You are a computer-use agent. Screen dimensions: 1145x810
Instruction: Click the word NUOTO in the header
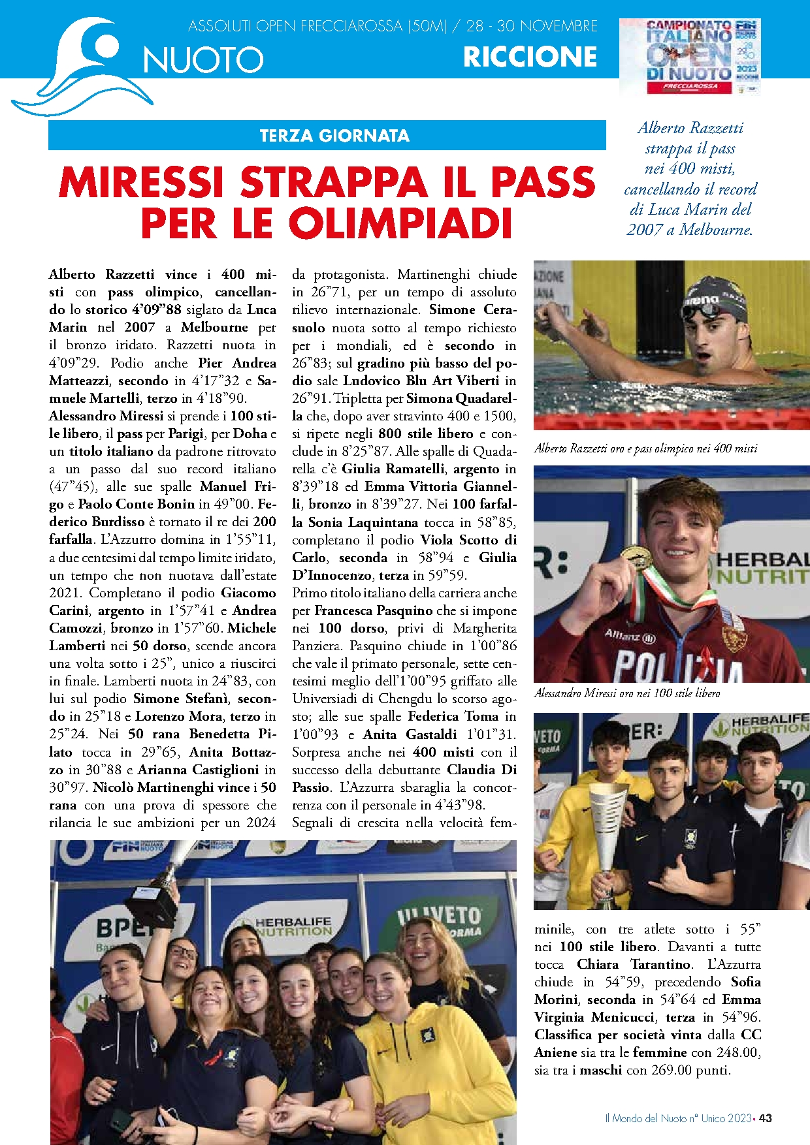point(203,60)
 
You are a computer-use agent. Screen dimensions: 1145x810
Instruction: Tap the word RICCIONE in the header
point(530,57)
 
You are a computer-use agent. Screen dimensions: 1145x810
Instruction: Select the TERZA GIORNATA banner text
point(334,136)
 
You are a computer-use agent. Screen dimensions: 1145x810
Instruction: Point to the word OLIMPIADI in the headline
point(400,224)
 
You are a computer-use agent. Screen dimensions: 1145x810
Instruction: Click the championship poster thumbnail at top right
point(690,57)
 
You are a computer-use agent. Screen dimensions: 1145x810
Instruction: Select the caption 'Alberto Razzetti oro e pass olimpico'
point(645,448)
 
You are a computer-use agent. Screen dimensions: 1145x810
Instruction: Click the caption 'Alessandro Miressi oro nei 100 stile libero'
point(626,693)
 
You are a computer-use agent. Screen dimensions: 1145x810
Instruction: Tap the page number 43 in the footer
point(766,1118)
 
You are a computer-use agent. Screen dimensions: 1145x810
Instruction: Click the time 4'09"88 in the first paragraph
point(156,309)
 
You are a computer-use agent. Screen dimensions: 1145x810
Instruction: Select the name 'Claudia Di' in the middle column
point(481,770)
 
